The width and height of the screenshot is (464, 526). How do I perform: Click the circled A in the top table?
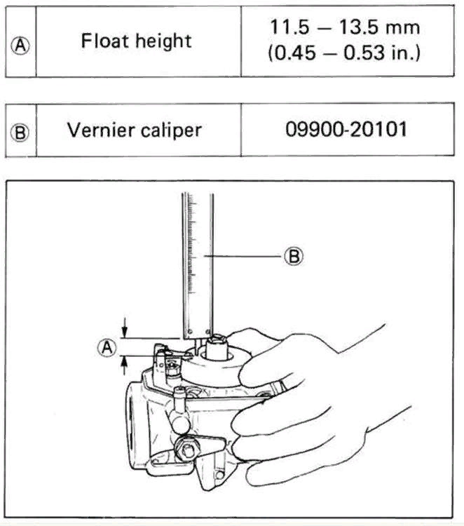click(20, 46)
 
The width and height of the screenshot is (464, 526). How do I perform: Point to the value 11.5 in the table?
click(289, 27)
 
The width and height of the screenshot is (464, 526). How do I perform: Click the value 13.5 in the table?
click(359, 27)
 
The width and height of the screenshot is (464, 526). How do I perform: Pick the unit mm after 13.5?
click(402, 29)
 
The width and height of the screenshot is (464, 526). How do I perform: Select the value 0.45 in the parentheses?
click(296, 53)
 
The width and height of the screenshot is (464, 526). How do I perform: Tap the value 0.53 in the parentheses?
click(364, 53)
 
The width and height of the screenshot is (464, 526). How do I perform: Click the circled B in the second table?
click(20, 133)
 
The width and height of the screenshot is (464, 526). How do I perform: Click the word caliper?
click(171, 131)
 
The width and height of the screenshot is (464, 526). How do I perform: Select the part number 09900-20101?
click(346, 129)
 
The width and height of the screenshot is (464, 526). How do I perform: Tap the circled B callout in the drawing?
click(294, 256)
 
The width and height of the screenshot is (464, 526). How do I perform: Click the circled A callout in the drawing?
click(107, 347)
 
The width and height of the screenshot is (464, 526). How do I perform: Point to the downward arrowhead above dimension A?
click(124, 332)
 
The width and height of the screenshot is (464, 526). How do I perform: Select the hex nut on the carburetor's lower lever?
click(187, 449)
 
